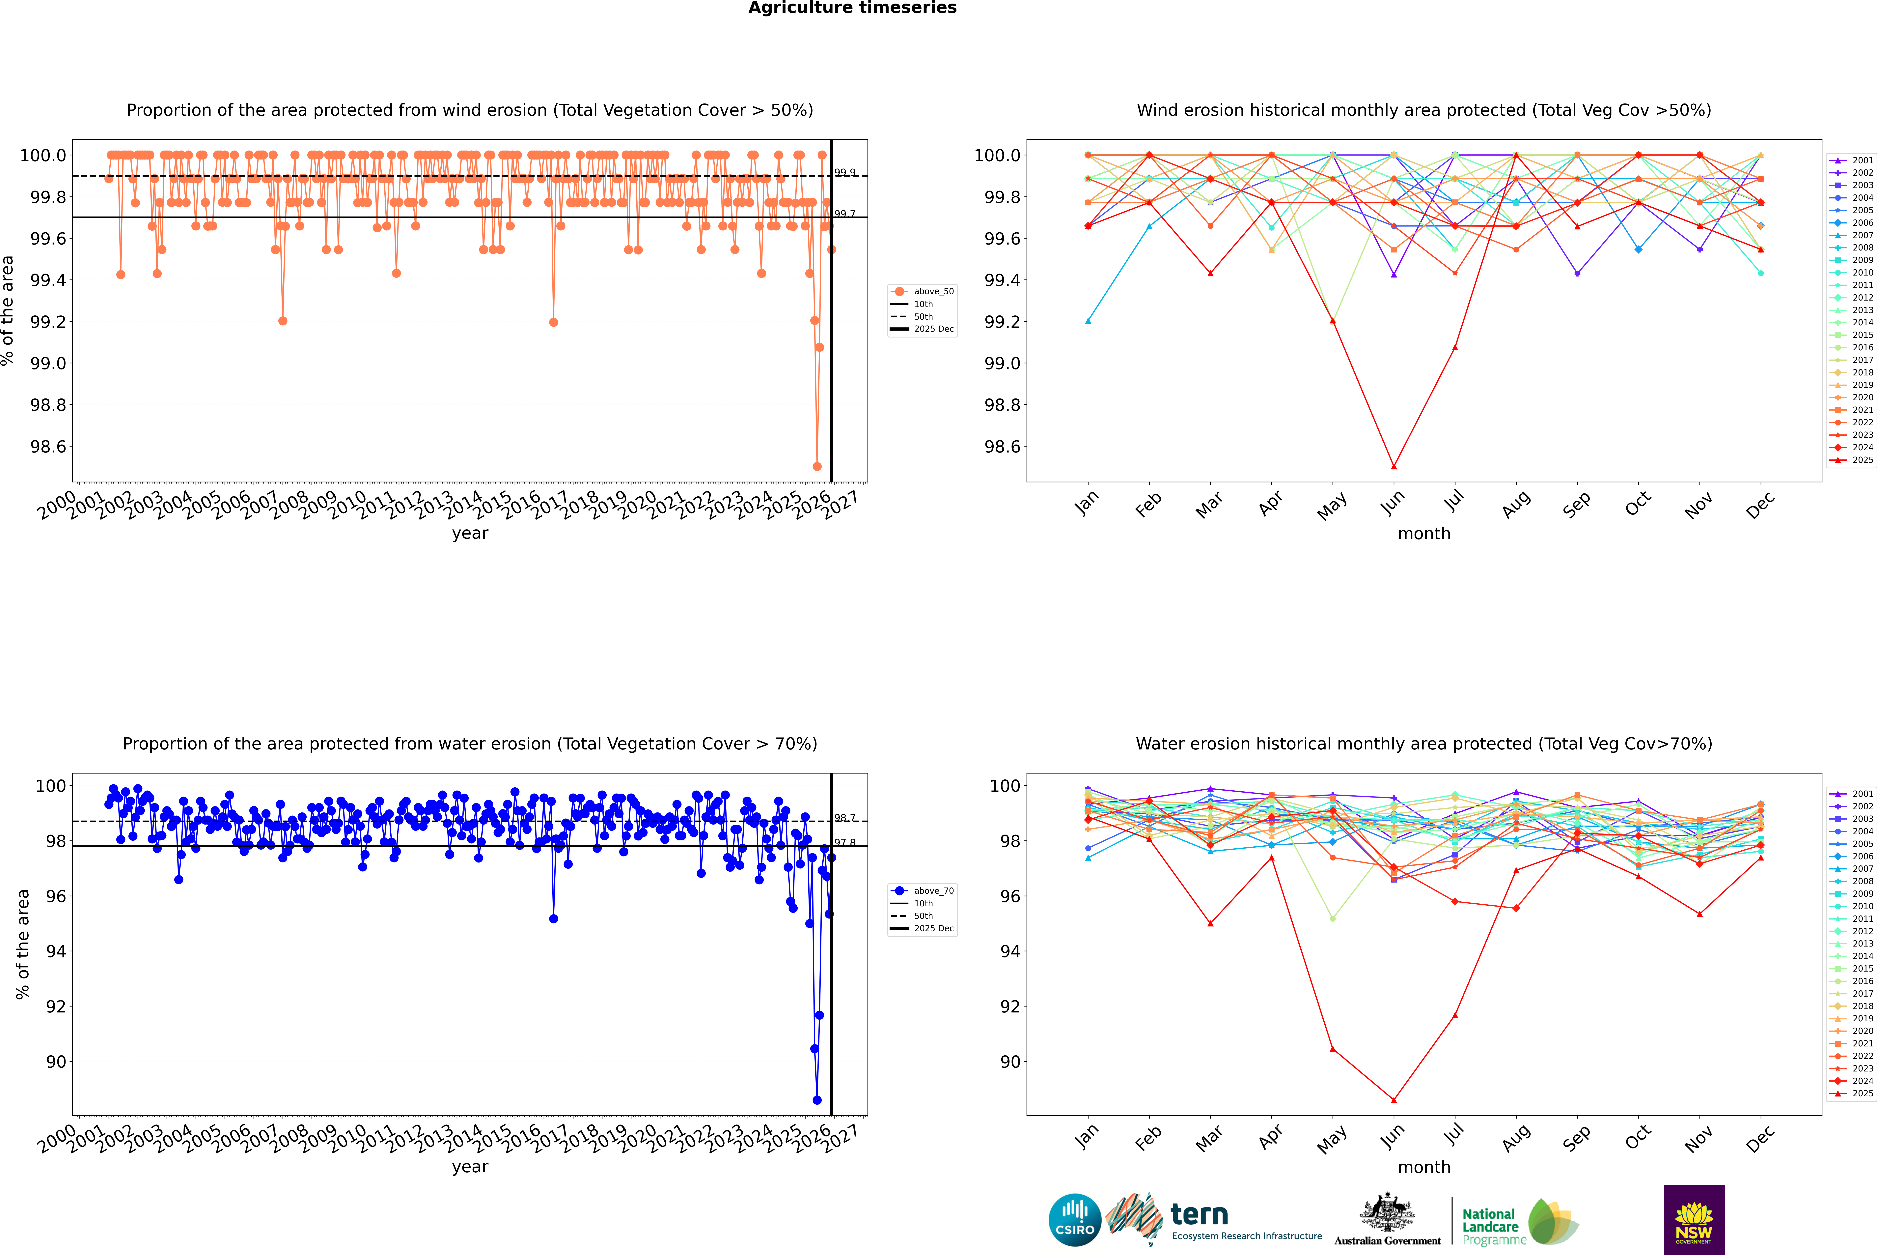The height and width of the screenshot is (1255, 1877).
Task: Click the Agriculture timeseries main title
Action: click(x=852, y=8)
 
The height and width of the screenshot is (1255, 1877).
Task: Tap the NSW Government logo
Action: click(x=1694, y=1220)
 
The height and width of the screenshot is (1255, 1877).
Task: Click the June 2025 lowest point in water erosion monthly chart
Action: click(x=1394, y=1100)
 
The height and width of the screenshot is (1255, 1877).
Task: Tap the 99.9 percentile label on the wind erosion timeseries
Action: click(x=845, y=172)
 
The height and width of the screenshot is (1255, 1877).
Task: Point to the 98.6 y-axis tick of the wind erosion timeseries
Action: click(x=48, y=447)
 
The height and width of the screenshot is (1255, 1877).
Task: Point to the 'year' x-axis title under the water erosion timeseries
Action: click(x=470, y=1167)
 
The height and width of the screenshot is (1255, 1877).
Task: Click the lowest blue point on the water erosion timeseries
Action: click(x=817, y=1100)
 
